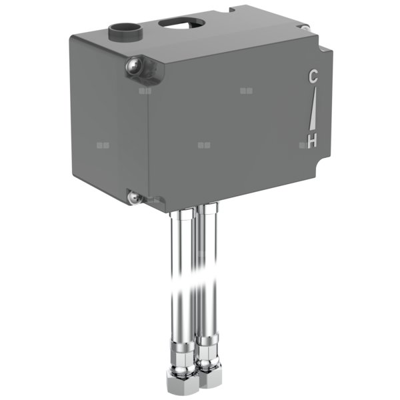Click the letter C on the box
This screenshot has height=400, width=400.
[313, 77]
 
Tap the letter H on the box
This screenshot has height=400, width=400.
[311, 140]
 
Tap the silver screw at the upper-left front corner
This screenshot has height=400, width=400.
[132, 65]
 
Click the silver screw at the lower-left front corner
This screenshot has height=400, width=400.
[133, 197]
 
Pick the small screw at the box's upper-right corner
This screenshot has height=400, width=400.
[305, 27]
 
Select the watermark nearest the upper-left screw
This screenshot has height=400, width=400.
[145, 90]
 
